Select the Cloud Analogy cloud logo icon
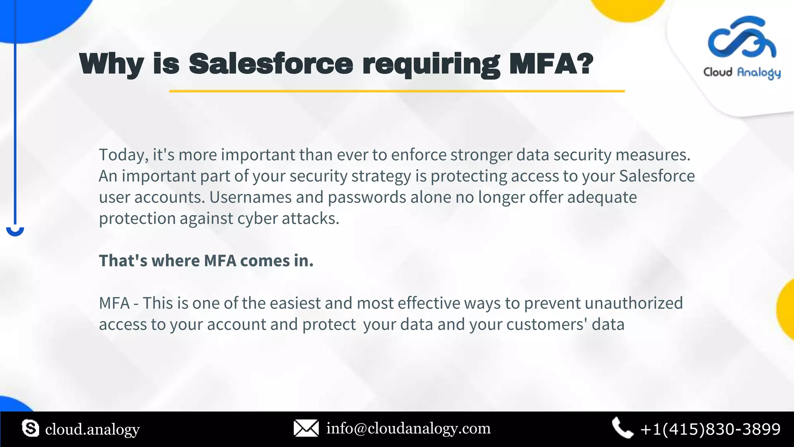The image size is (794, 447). pos(741,38)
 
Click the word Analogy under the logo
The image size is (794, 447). pos(758,73)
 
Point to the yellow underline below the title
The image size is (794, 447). pos(397,91)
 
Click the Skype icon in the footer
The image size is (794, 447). pos(30,428)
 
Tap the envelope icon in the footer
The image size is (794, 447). pos(306,428)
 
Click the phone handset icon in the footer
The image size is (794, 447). pos(622,428)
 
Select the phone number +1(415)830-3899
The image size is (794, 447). pos(710,429)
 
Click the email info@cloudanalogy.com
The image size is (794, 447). pos(408,428)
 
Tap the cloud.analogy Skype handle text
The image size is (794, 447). pos(92,430)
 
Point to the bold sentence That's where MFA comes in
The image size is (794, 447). pos(206,261)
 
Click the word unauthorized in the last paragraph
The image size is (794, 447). pos(633,303)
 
